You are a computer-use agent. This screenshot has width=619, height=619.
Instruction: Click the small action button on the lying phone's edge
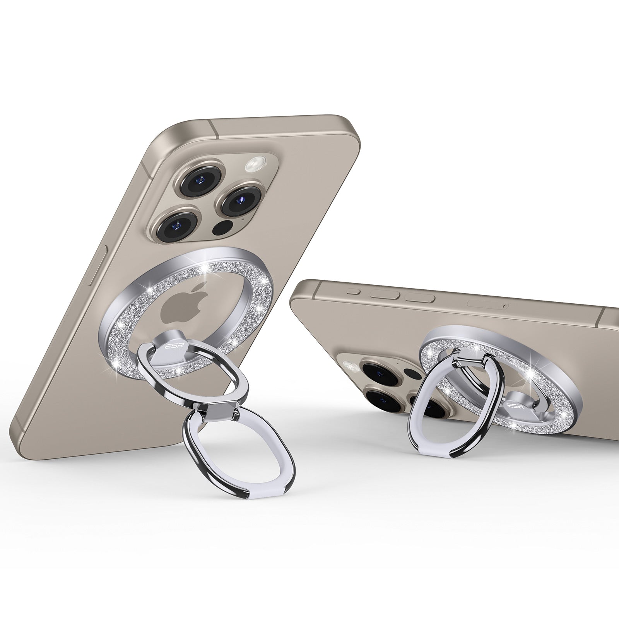pyautogui.click(x=352, y=291)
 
